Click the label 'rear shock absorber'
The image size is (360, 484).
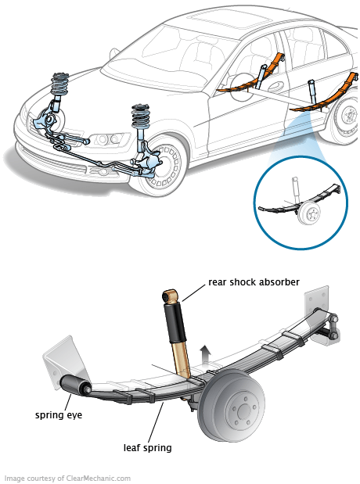coord(254,282)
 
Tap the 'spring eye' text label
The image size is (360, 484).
coord(59,415)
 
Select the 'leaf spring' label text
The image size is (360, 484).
coord(147,448)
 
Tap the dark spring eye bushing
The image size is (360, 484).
coord(75,385)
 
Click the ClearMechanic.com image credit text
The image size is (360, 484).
coord(67,478)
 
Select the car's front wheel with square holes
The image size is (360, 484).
coord(163,166)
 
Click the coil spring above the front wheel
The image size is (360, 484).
coord(141,117)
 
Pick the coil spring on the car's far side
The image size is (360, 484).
coord(60,84)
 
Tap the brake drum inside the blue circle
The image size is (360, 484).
coord(308,213)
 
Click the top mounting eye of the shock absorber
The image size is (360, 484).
coord(169,296)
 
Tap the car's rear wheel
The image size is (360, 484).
coord(347,120)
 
